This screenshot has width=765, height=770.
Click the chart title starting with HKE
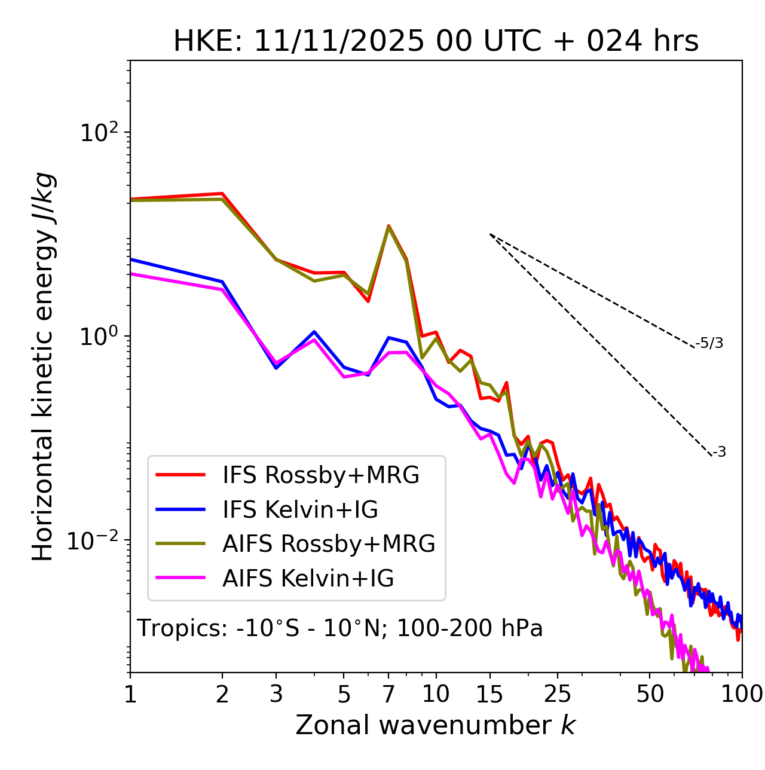point(436,42)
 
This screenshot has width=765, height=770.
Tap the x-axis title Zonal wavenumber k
point(435,725)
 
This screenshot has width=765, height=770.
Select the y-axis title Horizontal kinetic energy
point(43,366)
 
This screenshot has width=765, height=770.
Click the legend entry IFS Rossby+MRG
point(320,475)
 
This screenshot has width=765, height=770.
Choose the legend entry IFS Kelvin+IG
point(300,509)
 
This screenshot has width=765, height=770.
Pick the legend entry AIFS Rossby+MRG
point(329,544)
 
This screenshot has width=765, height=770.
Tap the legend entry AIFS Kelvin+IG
point(308,579)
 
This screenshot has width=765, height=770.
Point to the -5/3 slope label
point(709,343)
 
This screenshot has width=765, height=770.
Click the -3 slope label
point(719,453)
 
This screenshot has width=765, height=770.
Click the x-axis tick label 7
point(388,694)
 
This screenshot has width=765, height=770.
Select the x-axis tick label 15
point(489,694)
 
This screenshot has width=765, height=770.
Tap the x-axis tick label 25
point(558,694)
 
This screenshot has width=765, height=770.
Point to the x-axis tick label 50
point(650,694)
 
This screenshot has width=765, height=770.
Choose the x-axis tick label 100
point(742,694)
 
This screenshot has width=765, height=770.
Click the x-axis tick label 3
point(276,694)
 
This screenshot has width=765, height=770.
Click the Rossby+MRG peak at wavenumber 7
point(388,226)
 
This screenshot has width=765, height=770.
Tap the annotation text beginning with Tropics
point(340,628)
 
